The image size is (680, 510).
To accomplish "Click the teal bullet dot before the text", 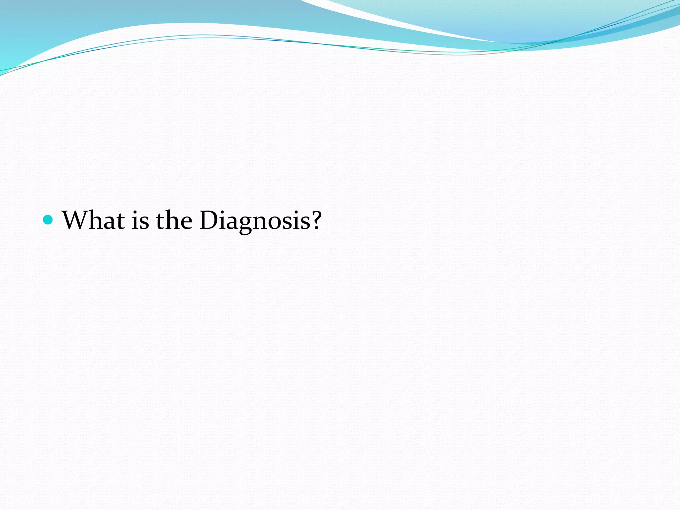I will click(x=48, y=219).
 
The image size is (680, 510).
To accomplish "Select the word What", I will click(x=93, y=220).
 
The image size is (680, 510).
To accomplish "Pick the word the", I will click(x=174, y=220).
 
